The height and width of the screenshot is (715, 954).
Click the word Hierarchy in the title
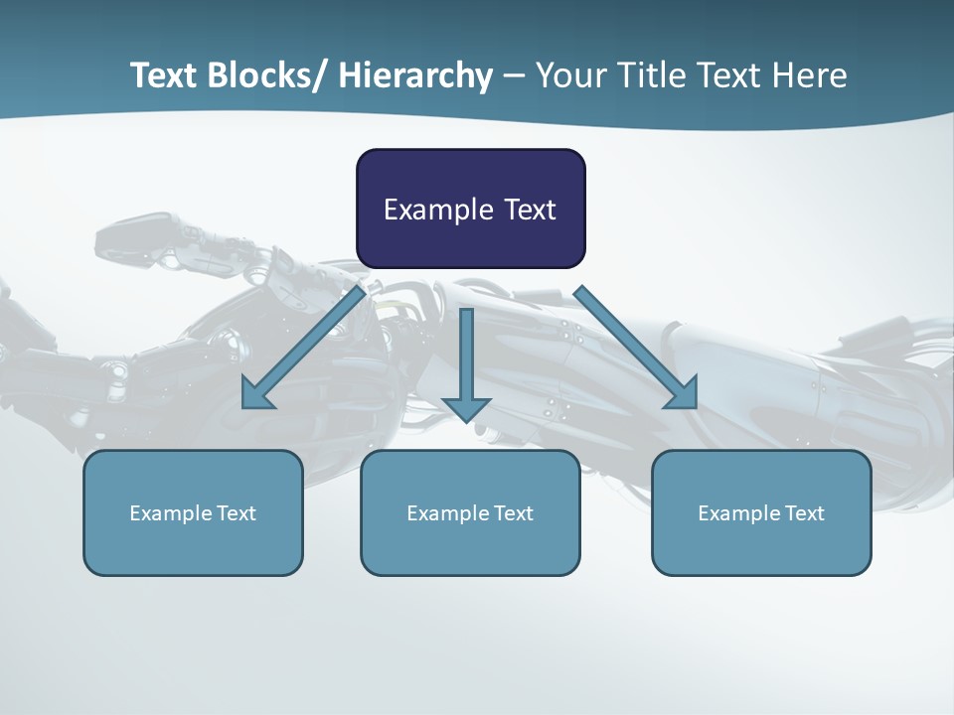click(414, 75)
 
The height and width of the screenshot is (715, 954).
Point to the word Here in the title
click(808, 75)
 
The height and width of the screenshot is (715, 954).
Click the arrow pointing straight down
click(466, 357)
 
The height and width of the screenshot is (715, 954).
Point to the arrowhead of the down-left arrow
click(255, 395)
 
